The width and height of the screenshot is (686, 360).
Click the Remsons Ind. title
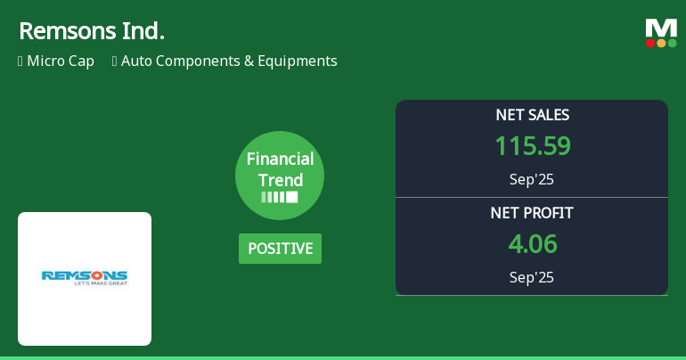pos(91,31)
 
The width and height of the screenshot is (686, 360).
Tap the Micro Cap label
pos(60,61)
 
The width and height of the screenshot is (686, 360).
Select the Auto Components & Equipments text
pos(229,61)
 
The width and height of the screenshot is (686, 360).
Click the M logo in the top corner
pos(661,28)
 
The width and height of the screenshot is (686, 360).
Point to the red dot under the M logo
pos(650,43)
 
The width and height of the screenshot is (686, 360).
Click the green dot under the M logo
pos(672,43)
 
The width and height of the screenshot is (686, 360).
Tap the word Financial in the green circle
pos(280,160)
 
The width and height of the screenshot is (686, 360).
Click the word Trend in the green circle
pos(280,180)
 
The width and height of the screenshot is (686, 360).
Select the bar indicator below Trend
pos(280,197)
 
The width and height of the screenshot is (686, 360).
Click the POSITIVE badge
pos(280,249)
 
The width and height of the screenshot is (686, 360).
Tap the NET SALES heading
pos(532,115)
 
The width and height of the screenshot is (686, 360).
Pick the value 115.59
pos(532,146)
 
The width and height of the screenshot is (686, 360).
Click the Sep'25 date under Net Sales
pos(532,179)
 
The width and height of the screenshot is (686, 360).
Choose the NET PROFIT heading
pos(532,213)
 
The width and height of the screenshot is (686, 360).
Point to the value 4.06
pos(532,244)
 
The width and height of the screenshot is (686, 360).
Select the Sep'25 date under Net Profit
pos(532,277)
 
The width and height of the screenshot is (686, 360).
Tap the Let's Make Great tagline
pos(85,284)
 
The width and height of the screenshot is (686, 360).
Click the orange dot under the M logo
pos(661,43)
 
